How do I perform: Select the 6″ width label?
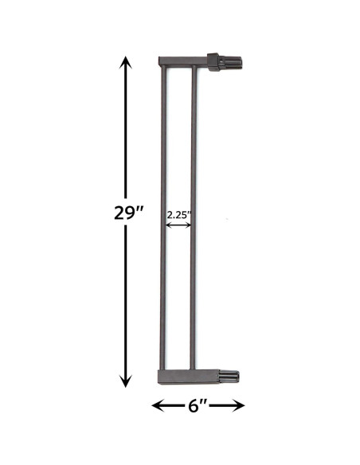[197, 404]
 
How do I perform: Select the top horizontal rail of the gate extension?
[183, 61]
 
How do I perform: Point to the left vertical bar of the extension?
[162, 215]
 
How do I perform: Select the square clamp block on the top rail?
[213, 61]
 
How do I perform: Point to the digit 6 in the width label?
[193, 404]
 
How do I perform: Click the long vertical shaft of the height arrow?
[123, 143]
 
